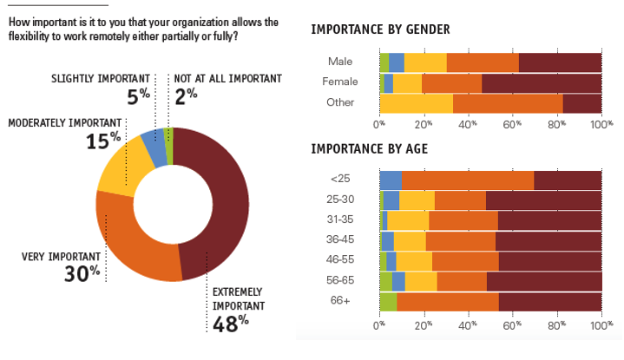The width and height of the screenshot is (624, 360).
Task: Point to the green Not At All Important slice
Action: (169, 134)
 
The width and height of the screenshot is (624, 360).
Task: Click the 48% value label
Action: (230, 322)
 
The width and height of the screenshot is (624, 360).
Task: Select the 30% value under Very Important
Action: (82, 273)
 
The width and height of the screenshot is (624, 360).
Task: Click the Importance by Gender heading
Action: (380, 30)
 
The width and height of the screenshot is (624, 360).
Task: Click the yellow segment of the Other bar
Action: (416, 103)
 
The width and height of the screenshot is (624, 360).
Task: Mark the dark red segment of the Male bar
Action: (560, 62)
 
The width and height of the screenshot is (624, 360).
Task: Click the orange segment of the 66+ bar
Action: (447, 301)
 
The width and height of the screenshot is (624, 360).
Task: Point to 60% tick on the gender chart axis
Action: (513, 123)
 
